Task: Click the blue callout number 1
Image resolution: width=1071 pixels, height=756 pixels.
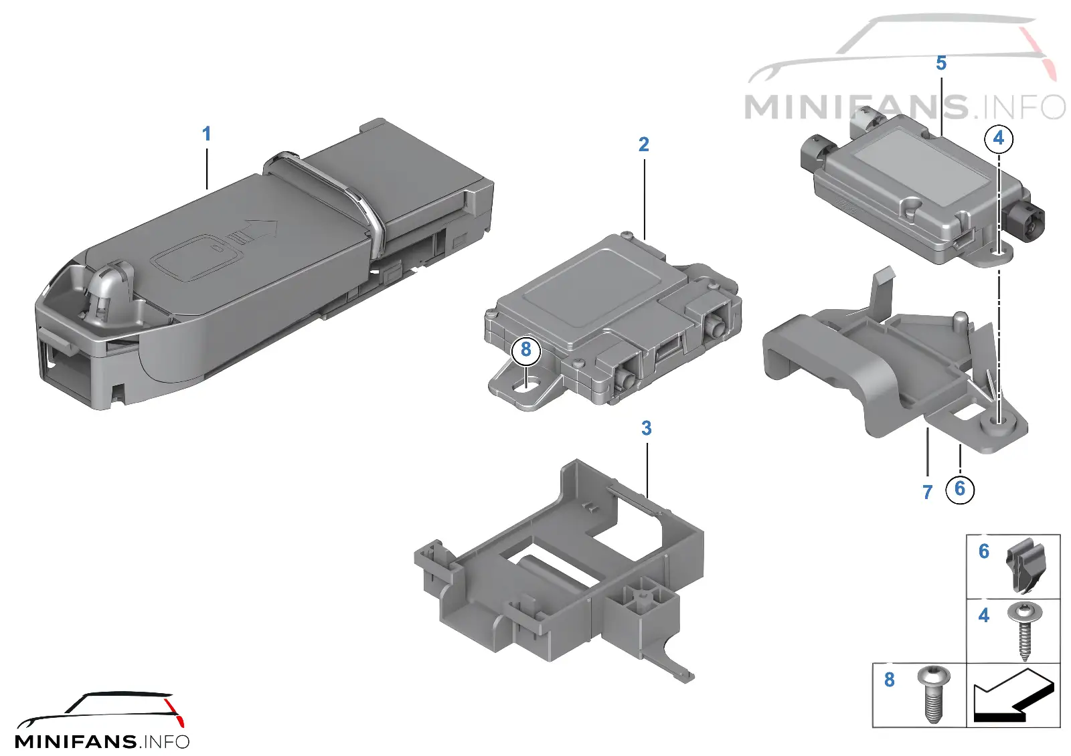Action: [x=207, y=134]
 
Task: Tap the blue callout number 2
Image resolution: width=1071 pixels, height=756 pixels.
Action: [x=643, y=145]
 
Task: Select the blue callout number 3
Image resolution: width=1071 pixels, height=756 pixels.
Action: [x=647, y=428]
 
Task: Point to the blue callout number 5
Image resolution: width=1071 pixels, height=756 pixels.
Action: [x=941, y=63]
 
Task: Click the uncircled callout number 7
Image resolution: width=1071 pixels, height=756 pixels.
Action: [x=927, y=492]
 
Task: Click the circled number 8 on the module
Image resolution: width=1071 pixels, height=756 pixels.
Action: [x=526, y=350]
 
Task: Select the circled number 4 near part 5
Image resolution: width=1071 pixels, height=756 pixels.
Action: [x=998, y=138]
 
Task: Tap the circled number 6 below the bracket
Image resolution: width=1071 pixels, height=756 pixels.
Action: [x=960, y=488]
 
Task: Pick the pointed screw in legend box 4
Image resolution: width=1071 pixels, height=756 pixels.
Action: [x=1024, y=632]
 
